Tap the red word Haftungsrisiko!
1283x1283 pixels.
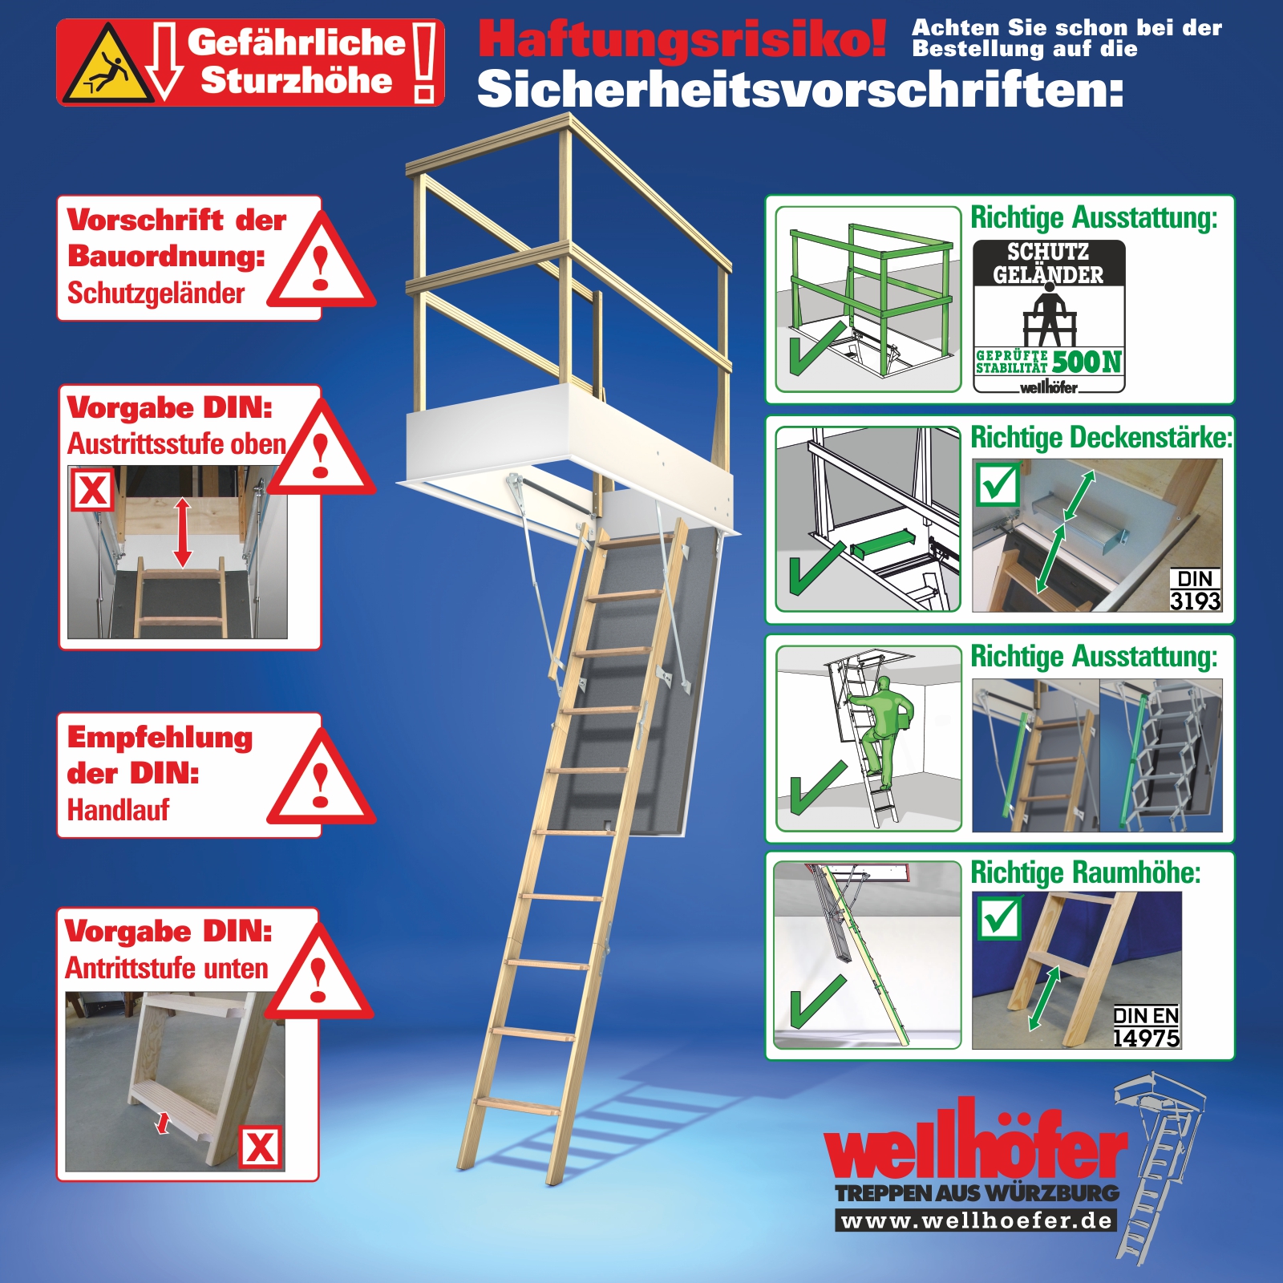click(682, 39)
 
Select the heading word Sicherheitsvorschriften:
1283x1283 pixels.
click(800, 89)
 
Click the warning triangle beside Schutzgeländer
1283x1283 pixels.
click(321, 261)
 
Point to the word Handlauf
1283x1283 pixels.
click(118, 810)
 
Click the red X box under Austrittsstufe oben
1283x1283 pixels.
click(93, 490)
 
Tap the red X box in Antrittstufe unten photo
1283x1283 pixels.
click(261, 1147)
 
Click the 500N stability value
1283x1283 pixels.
click(1087, 362)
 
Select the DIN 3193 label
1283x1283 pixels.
click(1195, 590)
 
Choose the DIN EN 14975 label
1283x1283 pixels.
click(1146, 1027)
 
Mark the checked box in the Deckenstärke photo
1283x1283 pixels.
click(998, 484)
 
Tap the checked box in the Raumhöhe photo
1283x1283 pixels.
click(1000, 917)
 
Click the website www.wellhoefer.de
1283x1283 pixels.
click(977, 1220)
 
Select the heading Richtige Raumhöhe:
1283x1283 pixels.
click(1086, 872)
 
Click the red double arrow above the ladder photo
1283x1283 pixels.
click(183, 532)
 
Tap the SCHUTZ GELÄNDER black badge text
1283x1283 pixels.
click(1048, 263)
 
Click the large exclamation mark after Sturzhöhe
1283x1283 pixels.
click(425, 63)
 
